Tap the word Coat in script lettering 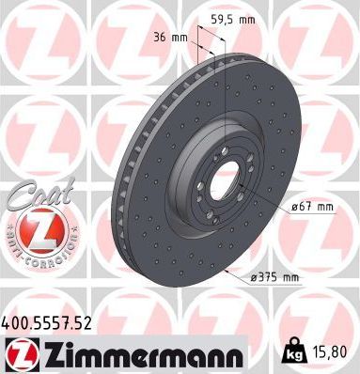(x=34, y=198)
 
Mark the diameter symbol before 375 (x=255, y=277)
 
